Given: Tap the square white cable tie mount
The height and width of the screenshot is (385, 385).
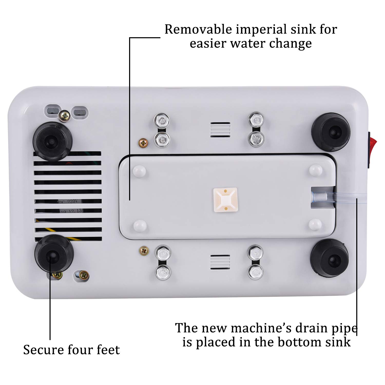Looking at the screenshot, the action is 225,200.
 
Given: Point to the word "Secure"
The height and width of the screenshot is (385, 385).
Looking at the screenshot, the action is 43,350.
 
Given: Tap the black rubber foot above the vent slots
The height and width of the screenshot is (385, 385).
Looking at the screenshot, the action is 52,141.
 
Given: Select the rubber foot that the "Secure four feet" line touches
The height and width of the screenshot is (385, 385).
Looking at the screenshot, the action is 54,254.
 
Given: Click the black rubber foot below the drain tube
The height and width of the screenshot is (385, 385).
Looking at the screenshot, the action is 330,258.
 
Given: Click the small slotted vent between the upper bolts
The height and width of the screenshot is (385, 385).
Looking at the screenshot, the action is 220,130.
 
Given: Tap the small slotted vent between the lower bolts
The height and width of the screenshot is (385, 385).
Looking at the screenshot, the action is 220,262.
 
